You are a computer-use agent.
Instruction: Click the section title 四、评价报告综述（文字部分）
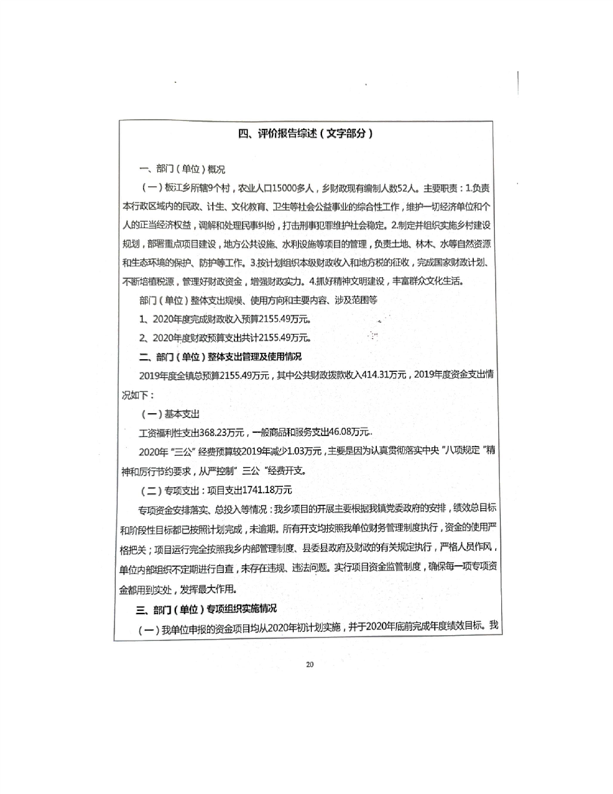point(306,133)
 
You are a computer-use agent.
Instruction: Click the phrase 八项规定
point(446,452)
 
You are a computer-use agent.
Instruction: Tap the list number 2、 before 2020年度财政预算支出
point(145,336)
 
